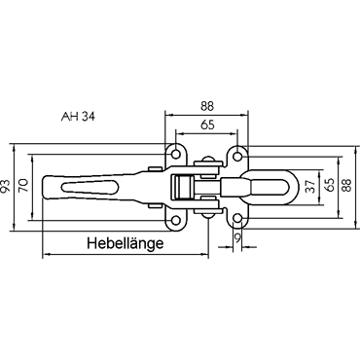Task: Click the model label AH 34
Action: (78, 117)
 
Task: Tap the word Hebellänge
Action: (126, 243)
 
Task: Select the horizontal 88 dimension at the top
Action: (207, 106)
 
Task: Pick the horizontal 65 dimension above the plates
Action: (207, 125)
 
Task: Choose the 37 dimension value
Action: (310, 187)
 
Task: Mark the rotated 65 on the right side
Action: (329, 185)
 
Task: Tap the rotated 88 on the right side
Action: (347, 186)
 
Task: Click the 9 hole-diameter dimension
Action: (237, 238)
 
